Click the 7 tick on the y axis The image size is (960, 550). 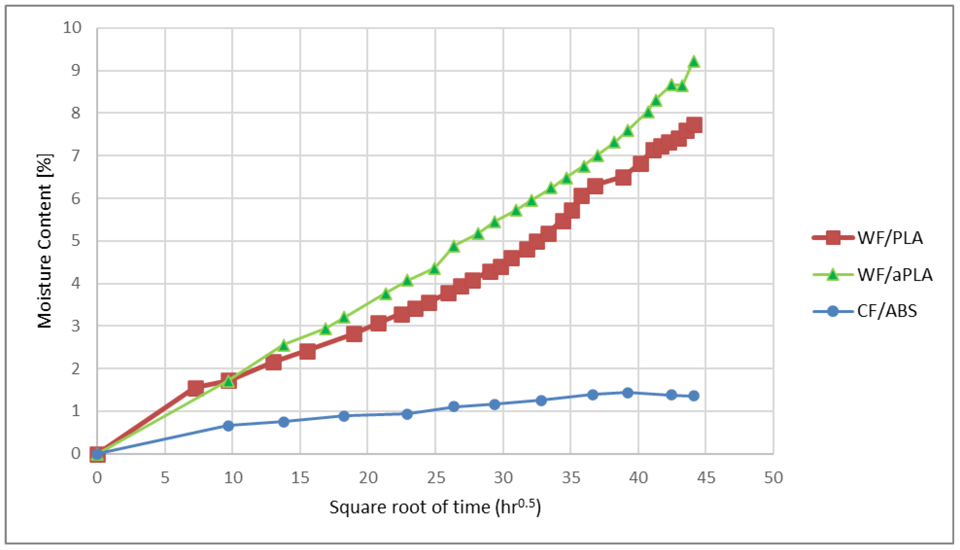(x=76, y=155)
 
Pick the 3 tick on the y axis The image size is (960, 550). (x=76, y=325)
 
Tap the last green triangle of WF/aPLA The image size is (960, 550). (x=694, y=61)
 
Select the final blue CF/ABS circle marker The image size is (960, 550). (x=694, y=396)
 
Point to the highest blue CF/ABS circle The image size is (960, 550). (x=627, y=393)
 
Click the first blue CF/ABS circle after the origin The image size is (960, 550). (x=228, y=426)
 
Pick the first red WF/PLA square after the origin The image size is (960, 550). (x=195, y=388)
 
